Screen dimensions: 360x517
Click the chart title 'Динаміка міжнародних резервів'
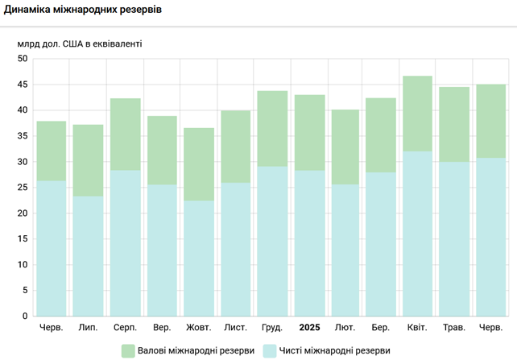[83, 10]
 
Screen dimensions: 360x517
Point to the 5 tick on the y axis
[25, 291]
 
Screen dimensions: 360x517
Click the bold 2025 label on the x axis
[310, 329]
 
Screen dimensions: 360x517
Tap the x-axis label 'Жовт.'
[199, 329]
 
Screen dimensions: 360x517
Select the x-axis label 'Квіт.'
[417, 329]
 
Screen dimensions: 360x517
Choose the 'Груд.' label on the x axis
[272, 329]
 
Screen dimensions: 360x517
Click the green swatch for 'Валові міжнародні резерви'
[127, 350]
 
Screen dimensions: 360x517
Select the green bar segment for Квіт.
[417, 114]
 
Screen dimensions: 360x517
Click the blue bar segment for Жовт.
[199, 258]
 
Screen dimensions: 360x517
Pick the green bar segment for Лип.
[89, 160]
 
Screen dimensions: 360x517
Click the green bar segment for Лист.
[236, 147]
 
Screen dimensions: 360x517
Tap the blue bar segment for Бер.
[381, 244]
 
